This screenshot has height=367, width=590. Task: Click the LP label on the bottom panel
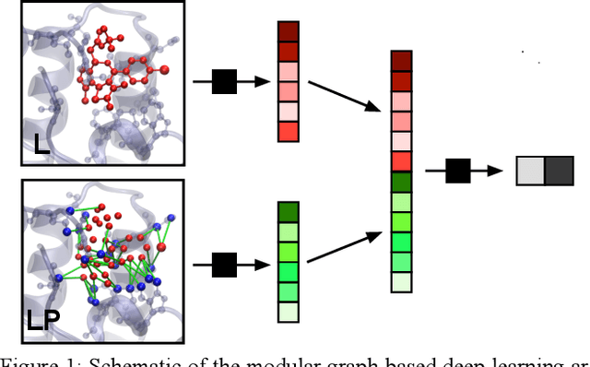point(45,323)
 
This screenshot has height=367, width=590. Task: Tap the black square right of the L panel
point(224,81)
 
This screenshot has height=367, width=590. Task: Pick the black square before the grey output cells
point(457,171)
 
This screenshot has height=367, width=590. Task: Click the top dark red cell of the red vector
point(289,32)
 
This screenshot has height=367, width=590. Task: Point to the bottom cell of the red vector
point(289,131)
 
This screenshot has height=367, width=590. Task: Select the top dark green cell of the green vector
point(289,212)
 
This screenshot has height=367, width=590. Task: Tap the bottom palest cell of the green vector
point(289,312)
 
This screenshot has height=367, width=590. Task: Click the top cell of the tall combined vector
point(401,61)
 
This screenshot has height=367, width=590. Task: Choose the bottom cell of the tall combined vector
point(401,281)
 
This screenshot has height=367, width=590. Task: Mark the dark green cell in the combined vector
point(401,183)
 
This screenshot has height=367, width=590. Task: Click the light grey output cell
point(530,171)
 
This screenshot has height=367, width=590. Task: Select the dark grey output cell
point(559,171)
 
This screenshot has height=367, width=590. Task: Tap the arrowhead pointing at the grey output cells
point(497,171)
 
